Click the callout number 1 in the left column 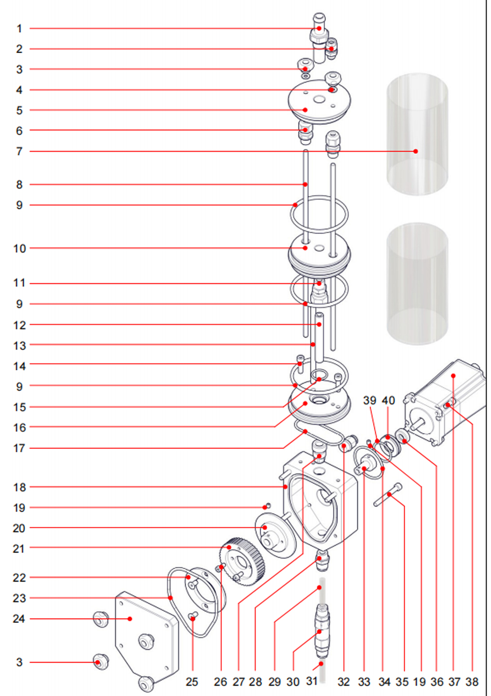[x=19, y=28]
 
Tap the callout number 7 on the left [x=19, y=151]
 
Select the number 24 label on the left [x=19, y=619]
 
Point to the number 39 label [x=370, y=400]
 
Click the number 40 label [x=388, y=400]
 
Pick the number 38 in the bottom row [x=472, y=682]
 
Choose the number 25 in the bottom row [x=192, y=682]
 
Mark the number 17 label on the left [x=19, y=448]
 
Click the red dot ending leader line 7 [x=416, y=151]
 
